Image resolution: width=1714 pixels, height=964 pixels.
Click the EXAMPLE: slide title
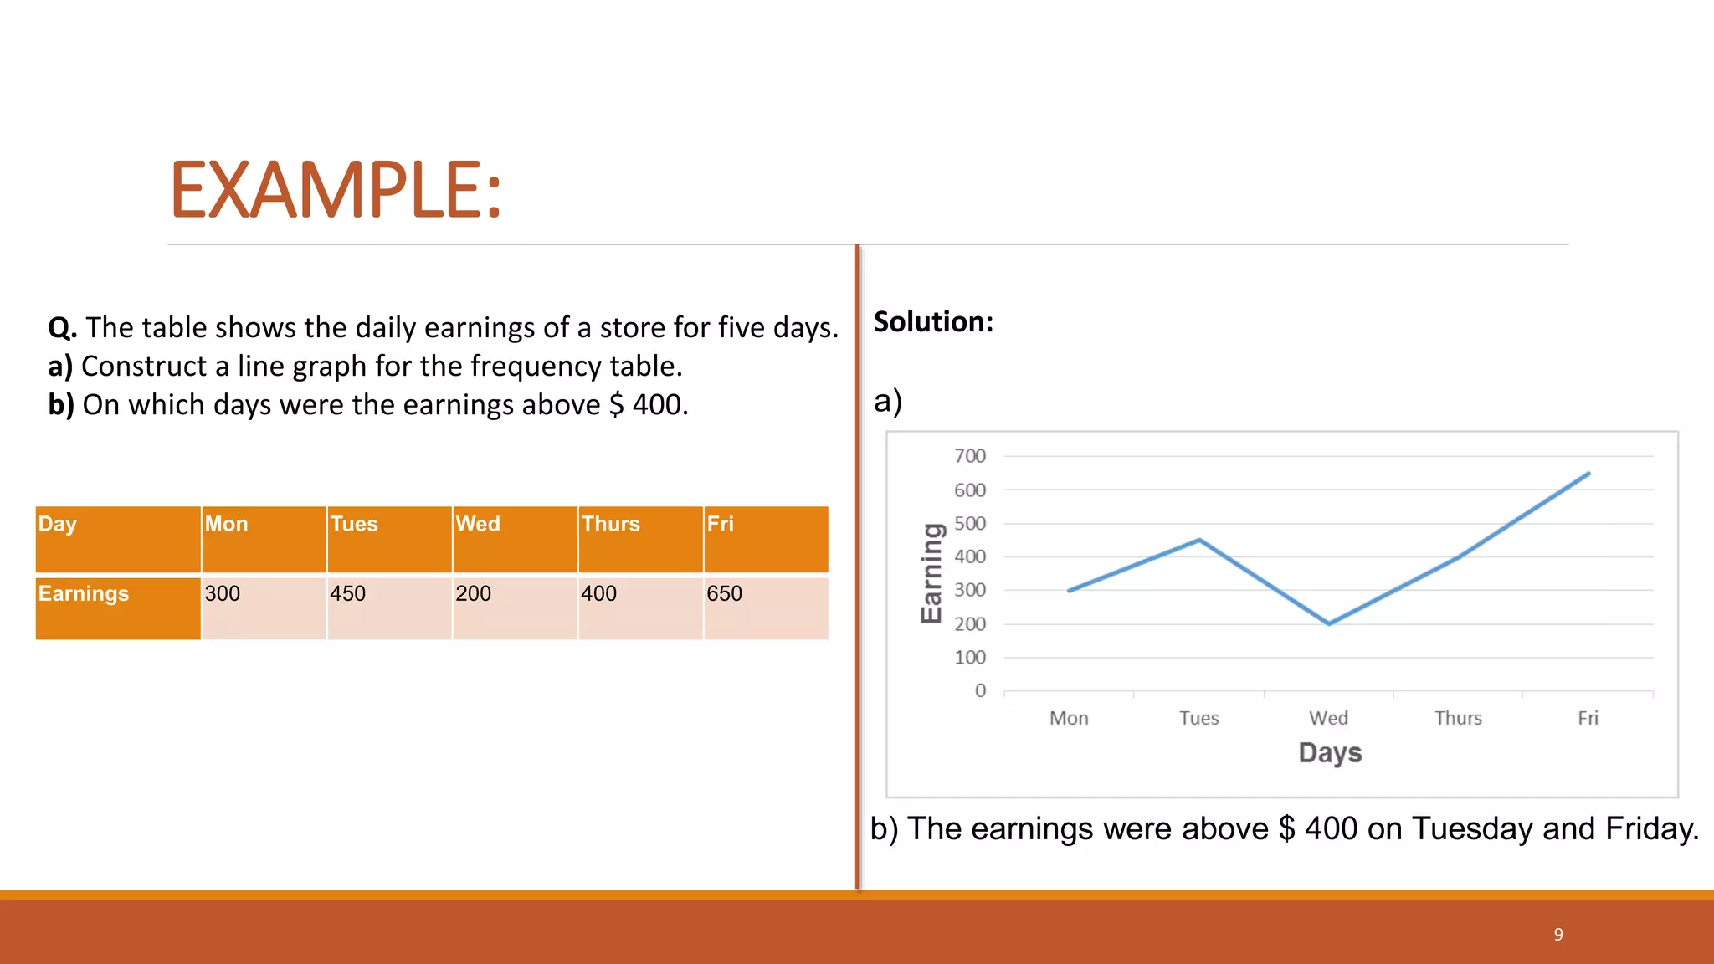(336, 190)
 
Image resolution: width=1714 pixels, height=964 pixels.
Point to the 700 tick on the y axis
(970, 456)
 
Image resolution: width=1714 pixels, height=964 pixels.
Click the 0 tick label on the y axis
(980, 690)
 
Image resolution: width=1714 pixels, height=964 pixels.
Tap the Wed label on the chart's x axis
(1328, 718)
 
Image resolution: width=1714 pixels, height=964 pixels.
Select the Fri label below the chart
(1588, 718)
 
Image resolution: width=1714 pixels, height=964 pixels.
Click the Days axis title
(1330, 752)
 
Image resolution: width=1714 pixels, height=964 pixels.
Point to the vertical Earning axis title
(931, 573)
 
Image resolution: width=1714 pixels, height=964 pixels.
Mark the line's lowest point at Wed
(1329, 623)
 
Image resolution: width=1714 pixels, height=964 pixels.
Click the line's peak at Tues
(1199, 540)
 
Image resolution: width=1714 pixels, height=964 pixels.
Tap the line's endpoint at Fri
(1588, 474)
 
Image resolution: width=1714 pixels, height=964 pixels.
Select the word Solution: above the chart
(933, 322)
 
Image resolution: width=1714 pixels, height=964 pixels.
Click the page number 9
(1558, 934)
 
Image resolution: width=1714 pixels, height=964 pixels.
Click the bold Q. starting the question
(63, 328)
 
